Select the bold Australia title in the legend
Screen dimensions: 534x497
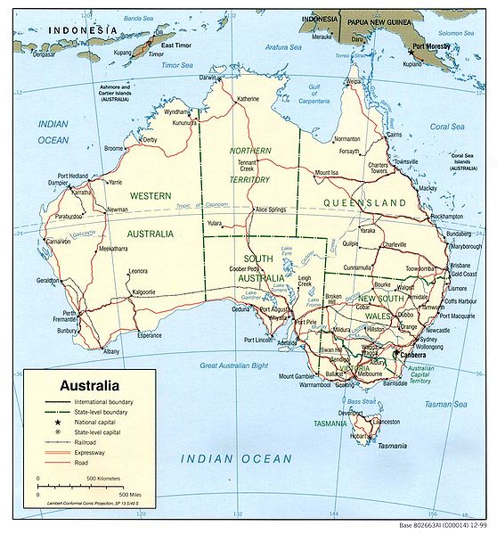[89, 387]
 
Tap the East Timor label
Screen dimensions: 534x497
[178, 42]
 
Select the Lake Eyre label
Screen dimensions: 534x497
[286, 250]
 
